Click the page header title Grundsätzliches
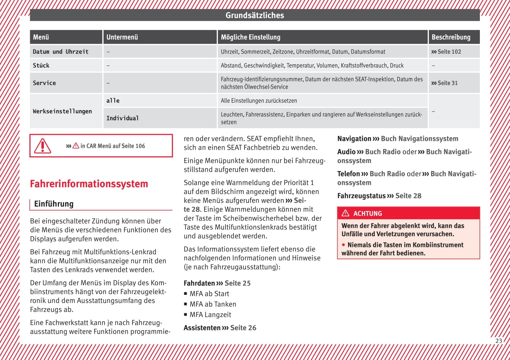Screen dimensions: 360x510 pos(254,15)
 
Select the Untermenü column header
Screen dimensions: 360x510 pos(122,37)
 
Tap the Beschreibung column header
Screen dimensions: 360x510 pos(451,37)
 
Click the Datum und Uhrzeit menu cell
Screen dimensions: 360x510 pos(61,52)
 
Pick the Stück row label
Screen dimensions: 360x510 pos(41,66)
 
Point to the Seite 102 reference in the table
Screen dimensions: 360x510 pos(446,52)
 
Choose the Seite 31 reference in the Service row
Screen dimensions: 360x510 pos(444,83)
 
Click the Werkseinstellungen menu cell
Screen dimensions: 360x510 pos(62,111)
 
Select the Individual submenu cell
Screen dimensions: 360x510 pos(122,118)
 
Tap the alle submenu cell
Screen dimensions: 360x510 pos(113,101)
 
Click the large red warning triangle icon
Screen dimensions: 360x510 pos(42,146)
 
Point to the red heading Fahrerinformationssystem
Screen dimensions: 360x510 pos(89,184)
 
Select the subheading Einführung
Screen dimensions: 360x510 pos(54,204)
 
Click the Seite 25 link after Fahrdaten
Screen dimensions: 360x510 pos(237,283)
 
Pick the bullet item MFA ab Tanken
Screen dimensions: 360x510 pos(213,304)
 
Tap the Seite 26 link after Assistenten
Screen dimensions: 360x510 pos(243,328)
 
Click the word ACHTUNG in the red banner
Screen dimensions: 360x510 pos(367,213)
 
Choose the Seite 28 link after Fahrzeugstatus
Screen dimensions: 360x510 pos(408,196)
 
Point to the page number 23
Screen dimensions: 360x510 pos(499,341)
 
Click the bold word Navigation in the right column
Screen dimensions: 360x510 pos(354,139)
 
